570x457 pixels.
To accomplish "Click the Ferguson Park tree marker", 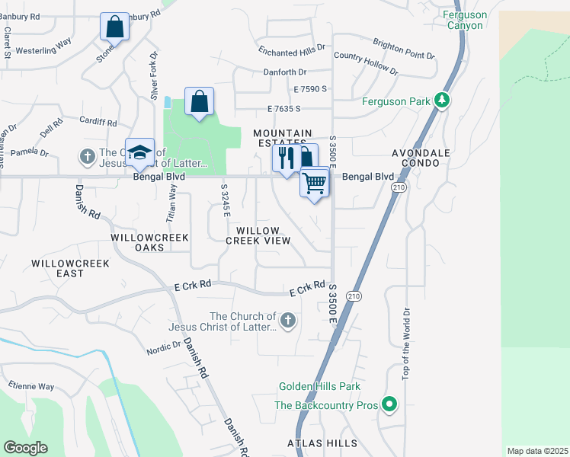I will tap(441, 101).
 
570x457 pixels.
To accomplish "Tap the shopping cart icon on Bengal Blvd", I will tap(315, 183).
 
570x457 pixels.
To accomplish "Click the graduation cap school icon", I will tap(140, 153).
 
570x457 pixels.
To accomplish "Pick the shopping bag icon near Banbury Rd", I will tap(114, 27).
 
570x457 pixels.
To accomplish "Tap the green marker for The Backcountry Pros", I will tap(389, 404).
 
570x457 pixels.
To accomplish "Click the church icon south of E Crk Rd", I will tap(287, 321).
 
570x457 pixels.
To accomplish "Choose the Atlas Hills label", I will tap(322, 443).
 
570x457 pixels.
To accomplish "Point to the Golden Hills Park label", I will tap(319, 387).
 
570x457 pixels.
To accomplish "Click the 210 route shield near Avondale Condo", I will tap(397, 187).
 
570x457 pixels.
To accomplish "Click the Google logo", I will tap(25, 448).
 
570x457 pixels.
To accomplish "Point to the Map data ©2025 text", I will tap(536, 451).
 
